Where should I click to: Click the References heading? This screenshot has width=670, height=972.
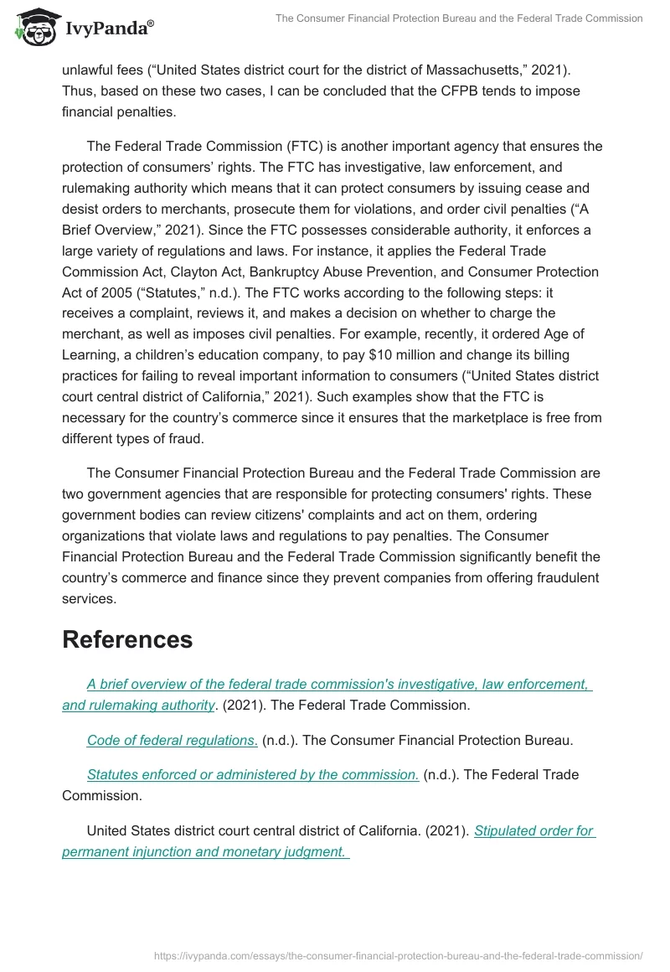tap(127, 639)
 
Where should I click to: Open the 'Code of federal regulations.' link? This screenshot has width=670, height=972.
tap(173, 740)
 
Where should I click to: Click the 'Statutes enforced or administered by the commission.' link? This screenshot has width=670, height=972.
tap(253, 774)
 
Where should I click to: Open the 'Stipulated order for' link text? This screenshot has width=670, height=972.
tap(534, 831)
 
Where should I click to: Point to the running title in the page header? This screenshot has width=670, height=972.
tap(458, 18)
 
